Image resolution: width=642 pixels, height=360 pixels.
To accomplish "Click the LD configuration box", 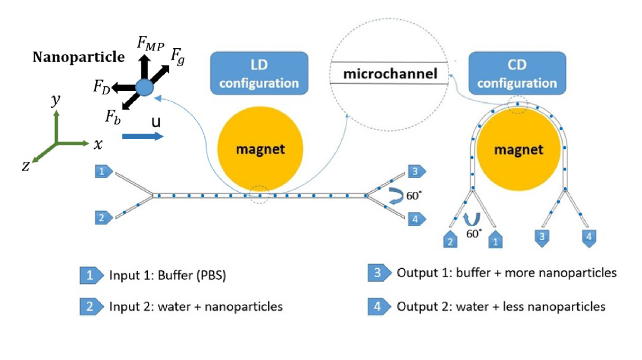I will pos(259,73).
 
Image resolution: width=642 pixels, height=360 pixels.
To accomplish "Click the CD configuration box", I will pos(517,73).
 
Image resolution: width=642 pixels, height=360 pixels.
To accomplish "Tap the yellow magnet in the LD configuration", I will pos(260,149).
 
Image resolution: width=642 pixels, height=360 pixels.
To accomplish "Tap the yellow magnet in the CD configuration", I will pos(518,150).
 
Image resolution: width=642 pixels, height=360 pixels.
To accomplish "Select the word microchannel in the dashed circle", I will pos(390,74).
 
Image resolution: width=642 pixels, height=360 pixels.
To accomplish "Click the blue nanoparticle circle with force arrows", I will pos(145,87).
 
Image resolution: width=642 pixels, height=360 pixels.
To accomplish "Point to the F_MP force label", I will pos(150,44).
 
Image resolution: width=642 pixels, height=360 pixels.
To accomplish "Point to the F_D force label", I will pos(102,87).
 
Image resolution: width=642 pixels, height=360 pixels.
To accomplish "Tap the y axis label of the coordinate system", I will pos(56,100).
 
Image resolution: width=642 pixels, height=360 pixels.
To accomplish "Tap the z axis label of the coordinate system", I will pos(26,166).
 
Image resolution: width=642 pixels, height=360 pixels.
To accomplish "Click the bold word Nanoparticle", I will pos(79,57).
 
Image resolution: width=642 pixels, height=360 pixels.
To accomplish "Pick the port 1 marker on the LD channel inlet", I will pos(103,171).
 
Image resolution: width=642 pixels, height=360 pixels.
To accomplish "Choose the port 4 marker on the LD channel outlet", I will pos(416,219).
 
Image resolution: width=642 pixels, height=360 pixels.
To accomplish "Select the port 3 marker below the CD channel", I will pos(542,237).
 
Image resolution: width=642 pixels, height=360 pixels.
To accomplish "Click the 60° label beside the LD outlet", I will pos(414,195).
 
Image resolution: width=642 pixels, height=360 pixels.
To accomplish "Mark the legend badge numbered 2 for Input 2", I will pos(90,307).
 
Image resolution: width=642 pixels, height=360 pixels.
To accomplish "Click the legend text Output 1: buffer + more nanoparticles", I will pos(506,273).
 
